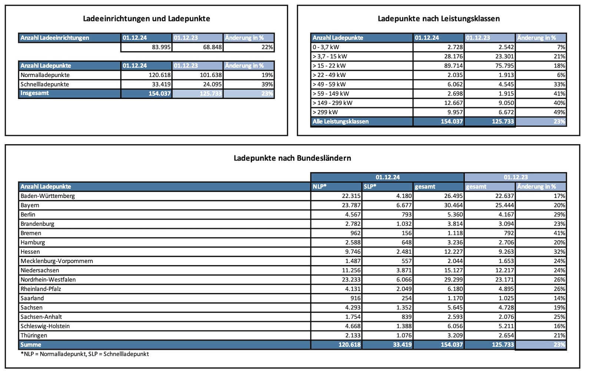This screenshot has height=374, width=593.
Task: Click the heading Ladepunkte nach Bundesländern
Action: point(292,158)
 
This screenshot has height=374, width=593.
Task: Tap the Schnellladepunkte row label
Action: point(45,84)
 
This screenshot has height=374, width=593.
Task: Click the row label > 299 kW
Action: point(325,112)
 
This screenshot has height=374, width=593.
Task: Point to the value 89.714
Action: point(453,66)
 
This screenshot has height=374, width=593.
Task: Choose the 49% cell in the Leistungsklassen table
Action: point(559,112)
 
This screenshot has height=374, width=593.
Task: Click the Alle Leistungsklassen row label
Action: point(340,122)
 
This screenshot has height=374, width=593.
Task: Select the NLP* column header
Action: point(319,186)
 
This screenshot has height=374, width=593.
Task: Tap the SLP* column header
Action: point(370,186)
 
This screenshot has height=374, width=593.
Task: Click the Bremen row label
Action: point(31,233)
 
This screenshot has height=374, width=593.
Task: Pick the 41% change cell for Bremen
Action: point(559,233)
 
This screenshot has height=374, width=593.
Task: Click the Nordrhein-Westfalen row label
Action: point(48,279)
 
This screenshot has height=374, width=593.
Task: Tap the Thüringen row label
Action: point(34,335)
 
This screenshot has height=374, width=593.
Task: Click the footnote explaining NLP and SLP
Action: point(85,354)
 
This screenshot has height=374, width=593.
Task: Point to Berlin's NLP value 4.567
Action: point(350,215)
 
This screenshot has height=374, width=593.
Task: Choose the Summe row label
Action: point(31,345)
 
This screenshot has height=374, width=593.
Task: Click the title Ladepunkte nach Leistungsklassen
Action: point(438,19)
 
